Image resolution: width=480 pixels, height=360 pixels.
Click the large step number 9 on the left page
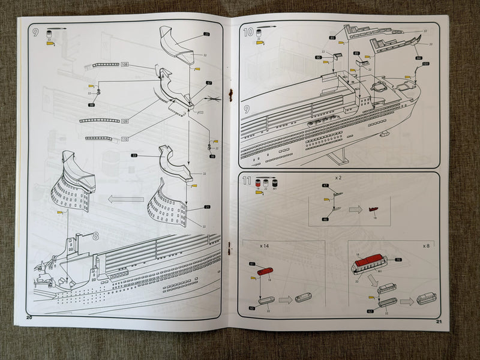click(x=35, y=32)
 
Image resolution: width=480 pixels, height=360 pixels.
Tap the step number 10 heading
click(x=248, y=32)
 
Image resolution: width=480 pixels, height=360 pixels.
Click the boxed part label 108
click(x=125, y=64)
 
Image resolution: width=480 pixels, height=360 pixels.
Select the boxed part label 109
click(x=125, y=121)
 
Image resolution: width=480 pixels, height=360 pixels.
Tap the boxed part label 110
click(x=125, y=139)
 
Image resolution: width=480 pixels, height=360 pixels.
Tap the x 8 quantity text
click(x=427, y=246)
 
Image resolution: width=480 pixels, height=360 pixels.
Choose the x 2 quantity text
click(x=338, y=179)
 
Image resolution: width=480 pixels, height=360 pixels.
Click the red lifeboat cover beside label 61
click(x=265, y=271)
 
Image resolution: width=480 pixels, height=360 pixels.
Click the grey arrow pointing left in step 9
click(x=126, y=199)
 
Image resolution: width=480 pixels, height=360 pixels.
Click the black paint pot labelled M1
click(x=274, y=182)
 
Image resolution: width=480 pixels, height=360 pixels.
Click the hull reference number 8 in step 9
click(x=95, y=236)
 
